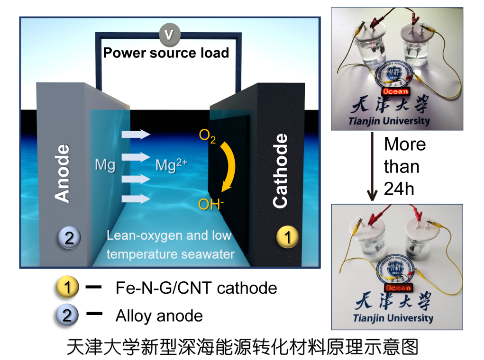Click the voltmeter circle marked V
point(167,35)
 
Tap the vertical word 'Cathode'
point(280,171)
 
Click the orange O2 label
point(207,137)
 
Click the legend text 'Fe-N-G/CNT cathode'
point(196,288)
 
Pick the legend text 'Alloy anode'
point(159,316)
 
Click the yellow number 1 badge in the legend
point(67,288)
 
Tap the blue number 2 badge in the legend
point(67,315)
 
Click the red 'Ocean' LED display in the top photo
point(395,91)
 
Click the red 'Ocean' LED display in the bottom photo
point(398,288)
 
